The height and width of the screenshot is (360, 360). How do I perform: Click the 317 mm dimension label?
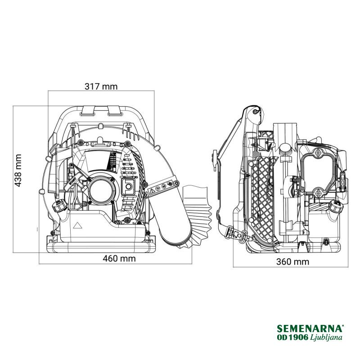101,86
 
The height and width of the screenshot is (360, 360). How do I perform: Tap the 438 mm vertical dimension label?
18,171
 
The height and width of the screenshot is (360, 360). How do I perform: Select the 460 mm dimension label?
119,258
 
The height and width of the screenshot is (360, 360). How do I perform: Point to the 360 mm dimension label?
292,261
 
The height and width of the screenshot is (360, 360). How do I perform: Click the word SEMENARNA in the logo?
310,328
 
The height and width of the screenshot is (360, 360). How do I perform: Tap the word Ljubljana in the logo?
326,337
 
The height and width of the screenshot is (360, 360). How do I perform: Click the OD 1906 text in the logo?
293,337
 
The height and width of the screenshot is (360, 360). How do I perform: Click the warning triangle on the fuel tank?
77,225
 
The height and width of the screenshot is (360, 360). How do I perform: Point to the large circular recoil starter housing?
101,189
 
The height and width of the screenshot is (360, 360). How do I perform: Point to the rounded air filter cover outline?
318,171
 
